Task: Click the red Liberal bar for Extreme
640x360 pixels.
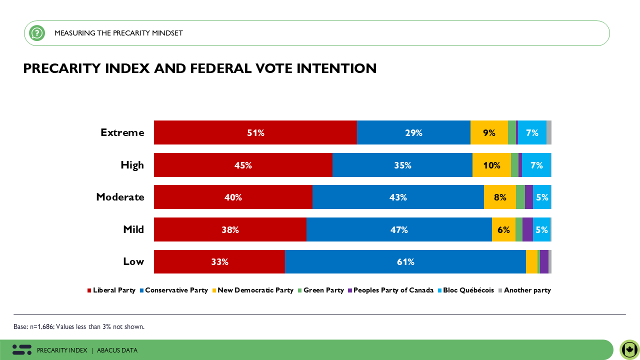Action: click(255, 132)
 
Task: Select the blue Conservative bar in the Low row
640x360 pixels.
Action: click(405, 262)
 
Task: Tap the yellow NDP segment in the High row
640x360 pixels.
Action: click(491, 165)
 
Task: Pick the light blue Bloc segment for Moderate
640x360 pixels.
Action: click(541, 197)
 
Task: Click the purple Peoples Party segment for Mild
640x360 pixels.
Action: click(527, 229)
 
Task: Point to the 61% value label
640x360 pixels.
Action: click(405, 262)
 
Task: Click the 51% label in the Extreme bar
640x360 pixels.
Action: click(255, 133)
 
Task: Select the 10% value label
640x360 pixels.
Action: click(491, 165)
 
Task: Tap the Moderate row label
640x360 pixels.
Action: click(120, 197)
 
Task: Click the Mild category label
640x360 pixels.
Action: click(133, 229)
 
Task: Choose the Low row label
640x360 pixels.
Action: click(133, 261)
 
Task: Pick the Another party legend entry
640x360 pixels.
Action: click(527, 290)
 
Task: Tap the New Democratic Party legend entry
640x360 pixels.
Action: click(255, 290)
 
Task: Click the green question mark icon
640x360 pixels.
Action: click(37, 33)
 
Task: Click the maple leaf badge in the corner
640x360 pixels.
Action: click(629, 349)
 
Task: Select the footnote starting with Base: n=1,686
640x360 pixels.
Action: click(79, 327)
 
